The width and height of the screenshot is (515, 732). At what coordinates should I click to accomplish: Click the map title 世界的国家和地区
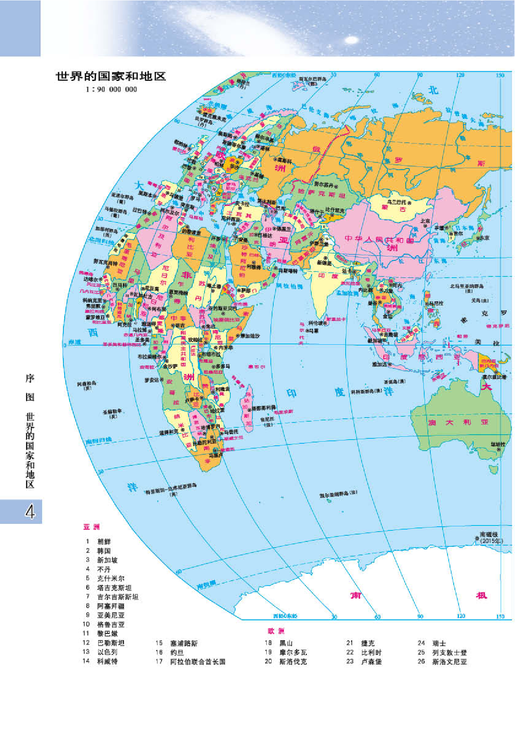point(111,76)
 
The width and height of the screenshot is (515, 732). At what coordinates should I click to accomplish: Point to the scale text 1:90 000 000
point(111,90)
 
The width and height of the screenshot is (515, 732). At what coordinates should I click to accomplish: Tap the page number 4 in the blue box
point(29,512)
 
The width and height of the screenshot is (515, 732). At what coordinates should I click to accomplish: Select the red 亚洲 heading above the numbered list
point(92,527)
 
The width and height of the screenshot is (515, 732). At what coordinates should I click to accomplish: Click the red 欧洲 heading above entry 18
point(276,631)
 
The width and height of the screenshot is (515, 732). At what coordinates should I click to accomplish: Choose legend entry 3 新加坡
point(107,560)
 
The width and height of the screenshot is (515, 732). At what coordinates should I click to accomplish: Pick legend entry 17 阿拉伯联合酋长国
point(198,662)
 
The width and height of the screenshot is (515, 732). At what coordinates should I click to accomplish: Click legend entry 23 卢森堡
point(371,662)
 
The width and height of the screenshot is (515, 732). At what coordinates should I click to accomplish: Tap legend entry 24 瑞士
point(439,643)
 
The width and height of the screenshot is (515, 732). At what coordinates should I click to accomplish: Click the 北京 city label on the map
point(425,221)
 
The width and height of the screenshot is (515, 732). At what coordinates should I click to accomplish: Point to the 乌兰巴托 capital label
point(397,202)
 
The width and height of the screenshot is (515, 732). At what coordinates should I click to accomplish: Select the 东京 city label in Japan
point(484,238)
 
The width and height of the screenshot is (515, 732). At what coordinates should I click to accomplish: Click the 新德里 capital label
point(324,263)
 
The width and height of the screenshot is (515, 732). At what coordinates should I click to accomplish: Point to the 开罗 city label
point(216,238)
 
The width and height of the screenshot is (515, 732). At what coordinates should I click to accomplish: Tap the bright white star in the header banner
point(351,40)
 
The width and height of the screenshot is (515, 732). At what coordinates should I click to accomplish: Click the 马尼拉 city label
point(436,303)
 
